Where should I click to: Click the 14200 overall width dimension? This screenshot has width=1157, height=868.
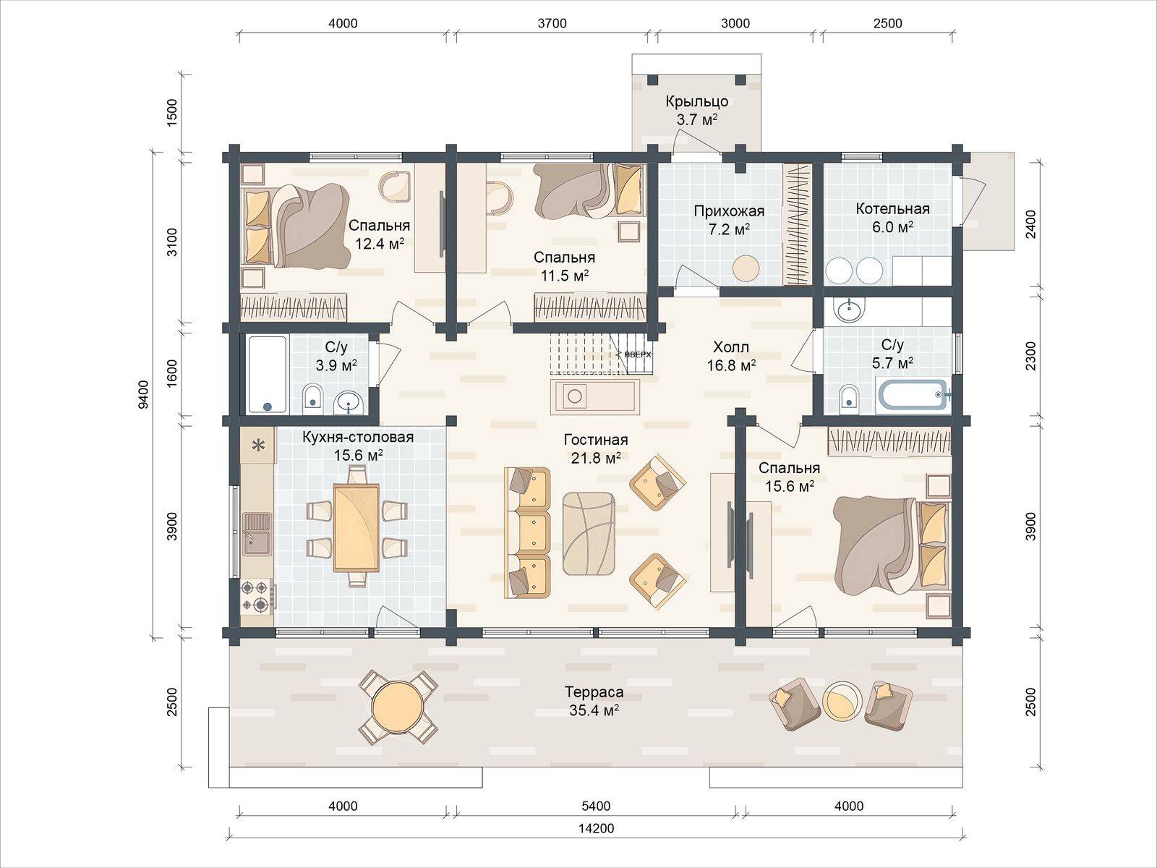click(x=596, y=828)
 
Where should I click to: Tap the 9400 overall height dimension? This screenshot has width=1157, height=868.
click(x=143, y=393)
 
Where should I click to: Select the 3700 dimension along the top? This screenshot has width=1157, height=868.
click(x=552, y=23)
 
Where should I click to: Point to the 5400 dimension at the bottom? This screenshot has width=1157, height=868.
click(x=596, y=806)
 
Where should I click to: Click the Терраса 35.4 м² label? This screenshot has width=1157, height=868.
click(x=594, y=701)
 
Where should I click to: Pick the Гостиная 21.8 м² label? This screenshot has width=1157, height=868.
click(x=596, y=448)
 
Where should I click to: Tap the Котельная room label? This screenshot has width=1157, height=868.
click(x=892, y=209)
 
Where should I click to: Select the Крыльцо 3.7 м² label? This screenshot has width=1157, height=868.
click(x=697, y=110)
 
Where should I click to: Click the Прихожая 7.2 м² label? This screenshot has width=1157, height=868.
click(x=729, y=220)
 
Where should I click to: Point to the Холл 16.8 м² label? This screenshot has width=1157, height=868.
click(x=731, y=356)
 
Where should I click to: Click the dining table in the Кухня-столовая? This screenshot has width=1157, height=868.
click(x=357, y=528)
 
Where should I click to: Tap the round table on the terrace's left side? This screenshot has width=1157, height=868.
click(x=398, y=707)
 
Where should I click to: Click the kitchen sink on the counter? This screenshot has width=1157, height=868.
click(x=257, y=535)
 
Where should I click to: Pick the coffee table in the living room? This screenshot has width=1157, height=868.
click(x=589, y=533)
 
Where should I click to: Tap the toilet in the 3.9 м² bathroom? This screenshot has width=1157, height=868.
click(x=312, y=399)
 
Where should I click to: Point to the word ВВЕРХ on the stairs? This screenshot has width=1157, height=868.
click(x=638, y=354)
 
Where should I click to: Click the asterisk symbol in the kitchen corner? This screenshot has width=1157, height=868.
click(x=258, y=446)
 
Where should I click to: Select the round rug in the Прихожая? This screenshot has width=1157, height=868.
click(x=746, y=268)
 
